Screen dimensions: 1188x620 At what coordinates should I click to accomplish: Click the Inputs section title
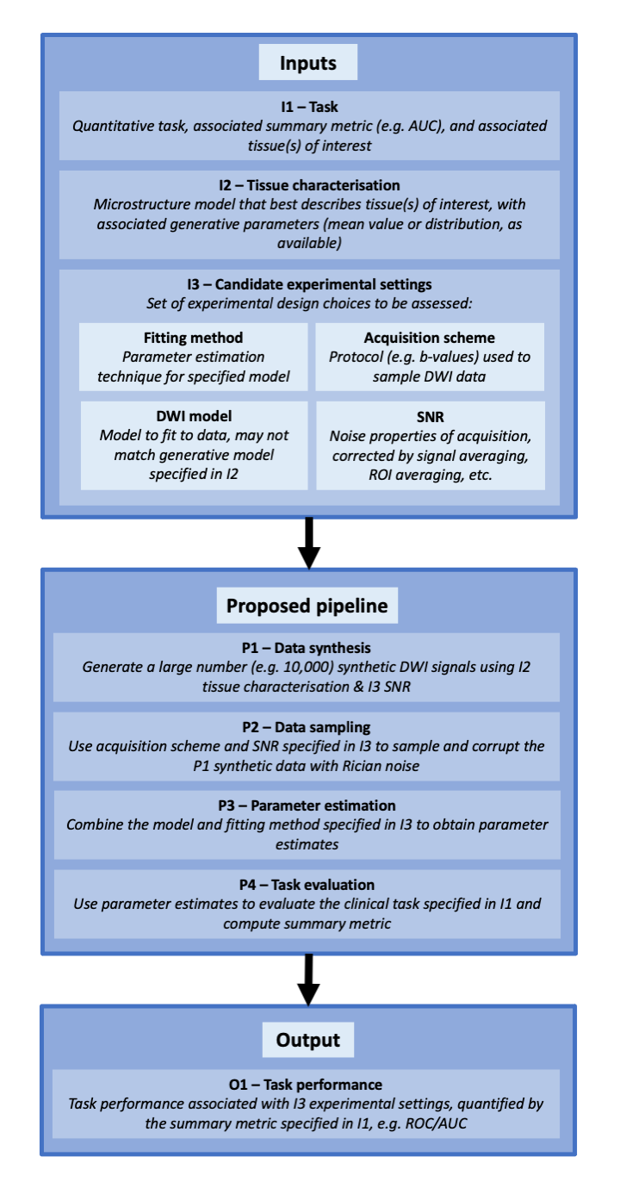click(307, 63)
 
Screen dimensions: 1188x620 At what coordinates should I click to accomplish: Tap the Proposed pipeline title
click(307, 606)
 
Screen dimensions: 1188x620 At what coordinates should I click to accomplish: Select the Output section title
click(307, 1040)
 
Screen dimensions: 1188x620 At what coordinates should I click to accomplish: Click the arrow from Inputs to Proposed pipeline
click(308, 543)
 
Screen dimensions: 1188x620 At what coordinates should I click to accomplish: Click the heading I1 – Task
click(309, 109)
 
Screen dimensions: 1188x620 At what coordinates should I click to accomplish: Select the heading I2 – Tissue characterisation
click(309, 185)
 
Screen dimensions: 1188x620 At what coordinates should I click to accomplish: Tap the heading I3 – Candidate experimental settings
click(309, 284)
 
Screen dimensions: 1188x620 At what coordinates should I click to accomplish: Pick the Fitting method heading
click(194, 338)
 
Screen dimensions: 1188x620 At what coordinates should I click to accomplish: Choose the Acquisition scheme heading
click(431, 338)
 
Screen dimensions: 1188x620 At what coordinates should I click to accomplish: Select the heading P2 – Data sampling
click(309, 727)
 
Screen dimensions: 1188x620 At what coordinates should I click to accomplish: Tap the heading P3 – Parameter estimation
click(309, 805)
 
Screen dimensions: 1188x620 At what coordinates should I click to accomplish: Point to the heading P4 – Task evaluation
click(309, 885)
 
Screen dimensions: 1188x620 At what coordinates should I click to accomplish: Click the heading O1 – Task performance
click(309, 1085)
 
